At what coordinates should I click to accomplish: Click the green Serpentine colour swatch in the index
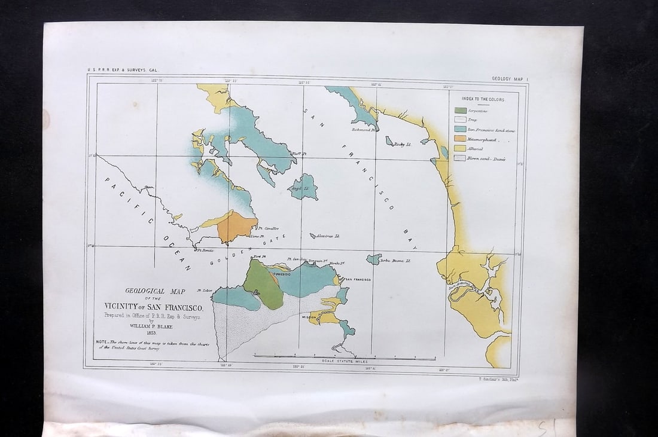pos(461,111)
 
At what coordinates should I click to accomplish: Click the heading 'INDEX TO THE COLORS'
pos(483,99)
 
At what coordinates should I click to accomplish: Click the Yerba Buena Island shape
pos(374,259)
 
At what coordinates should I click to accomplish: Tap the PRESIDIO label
pos(282,274)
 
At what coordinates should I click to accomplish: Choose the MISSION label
pos(309,317)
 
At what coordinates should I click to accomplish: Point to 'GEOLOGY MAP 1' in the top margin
pos(509,78)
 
